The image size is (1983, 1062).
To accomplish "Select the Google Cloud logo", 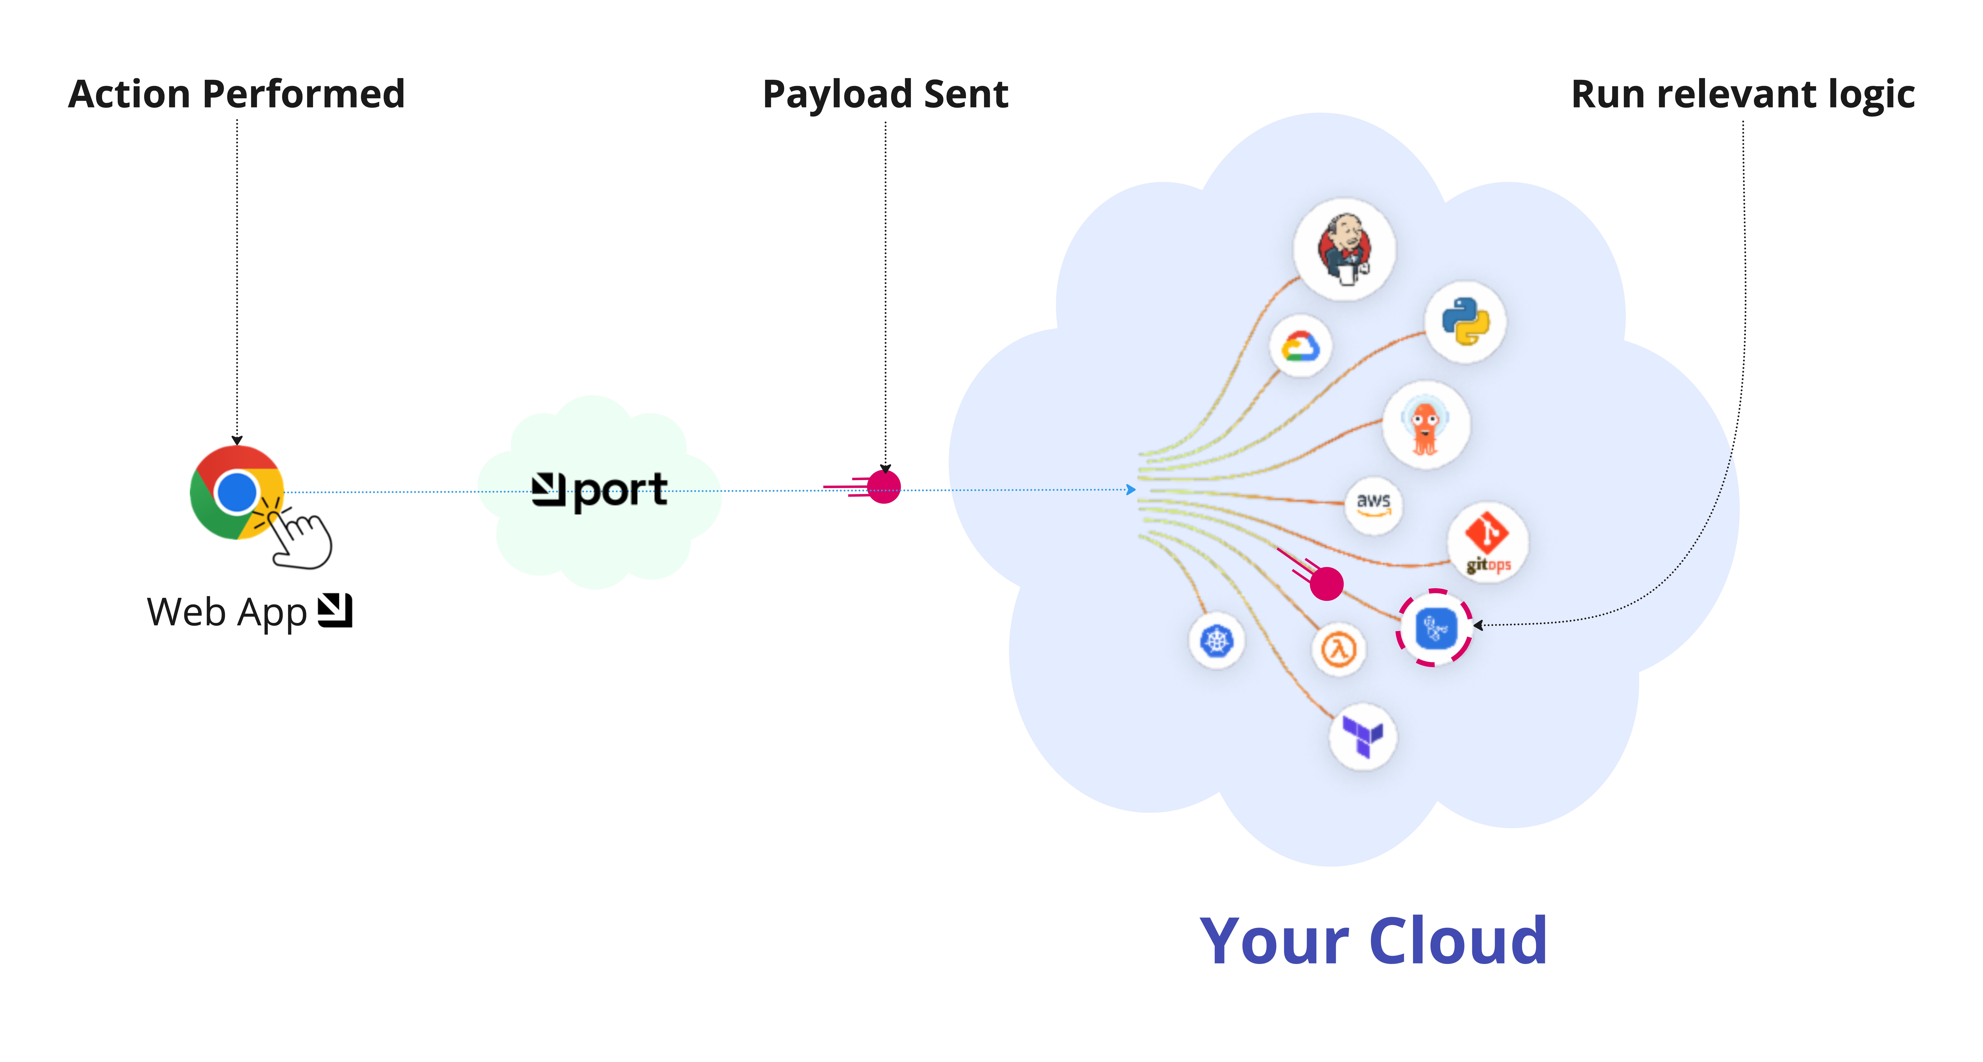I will click(1300, 346).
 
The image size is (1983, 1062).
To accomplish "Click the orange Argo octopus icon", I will click(1426, 425).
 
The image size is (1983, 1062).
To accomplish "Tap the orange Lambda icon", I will click(1339, 649).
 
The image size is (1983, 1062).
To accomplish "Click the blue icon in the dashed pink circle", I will click(1435, 628).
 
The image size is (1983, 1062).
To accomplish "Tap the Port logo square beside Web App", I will click(336, 611).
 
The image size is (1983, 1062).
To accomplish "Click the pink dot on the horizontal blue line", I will click(884, 487).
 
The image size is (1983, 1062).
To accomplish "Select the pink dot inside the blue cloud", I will click(1326, 583).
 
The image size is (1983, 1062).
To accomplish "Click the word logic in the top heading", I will click(1871, 95).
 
